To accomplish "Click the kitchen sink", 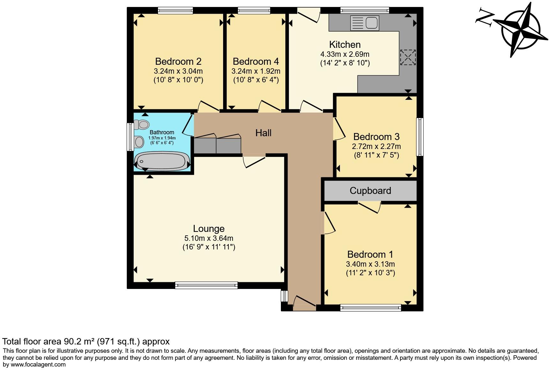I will click(x=365, y=23).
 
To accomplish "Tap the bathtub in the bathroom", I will click(x=162, y=161).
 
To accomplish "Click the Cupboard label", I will click(x=370, y=191).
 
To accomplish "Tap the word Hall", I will click(x=263, y=133).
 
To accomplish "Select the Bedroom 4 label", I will click(x=256, y=61).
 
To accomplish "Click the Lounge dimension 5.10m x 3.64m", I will click(x=209, y=238).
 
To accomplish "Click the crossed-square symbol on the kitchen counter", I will click(x=408, y=57).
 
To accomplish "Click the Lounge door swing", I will click(x=254, y=161).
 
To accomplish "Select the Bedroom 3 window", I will click(x=420, y=137).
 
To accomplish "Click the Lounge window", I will click(x=206, y=285).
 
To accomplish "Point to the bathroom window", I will click(x=130, y=137).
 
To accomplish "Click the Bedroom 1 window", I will click(x=370, y=307).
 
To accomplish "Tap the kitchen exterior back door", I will click(x=309, y=15).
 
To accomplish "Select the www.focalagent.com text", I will click(x=38, y=365).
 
